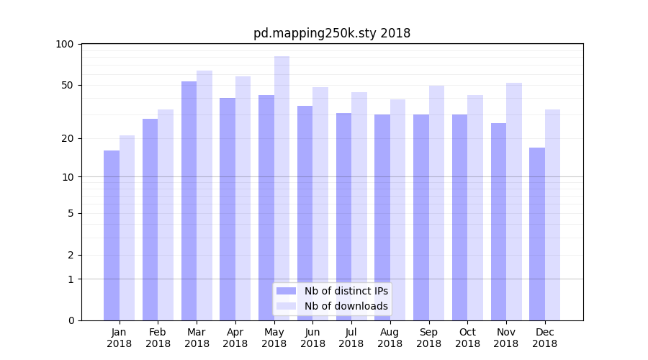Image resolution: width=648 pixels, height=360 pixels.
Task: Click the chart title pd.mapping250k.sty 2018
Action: pyautogui.click(x=332, y=33)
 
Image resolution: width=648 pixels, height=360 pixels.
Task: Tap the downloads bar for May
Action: pyautogui.click(x=282, y=188)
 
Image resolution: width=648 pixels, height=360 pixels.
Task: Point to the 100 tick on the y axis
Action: pyautogui.click(x=65, y=44)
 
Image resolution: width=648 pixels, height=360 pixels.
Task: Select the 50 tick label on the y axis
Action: pyautogui.click(x=68, y=85)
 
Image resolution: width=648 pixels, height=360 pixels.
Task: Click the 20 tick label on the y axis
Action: pyautogui.click(x=68, y=138)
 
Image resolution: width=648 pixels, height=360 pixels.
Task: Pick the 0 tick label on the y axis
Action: pyautogui.click(x=71, y=320)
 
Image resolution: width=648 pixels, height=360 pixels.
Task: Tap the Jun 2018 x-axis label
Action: pyautogui.click(x=312, y=338)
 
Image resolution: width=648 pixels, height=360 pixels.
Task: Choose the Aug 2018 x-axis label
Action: pyautogui.click(x=390, y=338)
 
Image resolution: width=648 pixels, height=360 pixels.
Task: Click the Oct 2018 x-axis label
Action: pyautogui.click(x=467, y=338)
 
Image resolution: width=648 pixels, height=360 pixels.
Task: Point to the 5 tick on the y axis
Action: pyautogui.click(x=71, y=213)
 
